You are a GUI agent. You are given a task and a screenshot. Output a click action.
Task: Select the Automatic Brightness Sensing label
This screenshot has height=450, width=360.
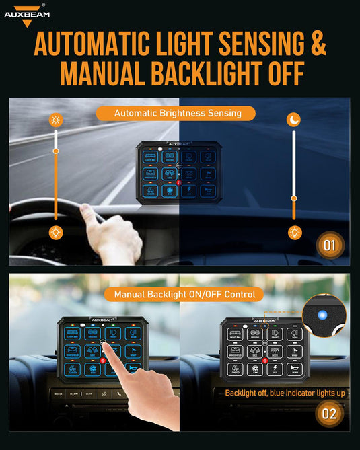[178, 113]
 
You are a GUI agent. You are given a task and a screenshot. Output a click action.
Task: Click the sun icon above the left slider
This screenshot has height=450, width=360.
[55, 121]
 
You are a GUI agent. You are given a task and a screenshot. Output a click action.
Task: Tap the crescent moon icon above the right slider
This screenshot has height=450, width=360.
[293, 120]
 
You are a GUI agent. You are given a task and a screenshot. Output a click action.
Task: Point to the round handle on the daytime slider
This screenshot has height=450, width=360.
[56, 151]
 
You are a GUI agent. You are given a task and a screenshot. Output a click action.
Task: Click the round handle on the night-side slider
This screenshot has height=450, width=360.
[293, 198]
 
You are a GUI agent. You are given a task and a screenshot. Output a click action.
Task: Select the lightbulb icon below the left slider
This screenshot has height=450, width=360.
[55, 233]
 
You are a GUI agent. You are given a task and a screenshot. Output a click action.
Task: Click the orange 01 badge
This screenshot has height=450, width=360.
[328, 245]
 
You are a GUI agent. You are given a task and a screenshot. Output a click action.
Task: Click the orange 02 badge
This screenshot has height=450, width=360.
[328, 413]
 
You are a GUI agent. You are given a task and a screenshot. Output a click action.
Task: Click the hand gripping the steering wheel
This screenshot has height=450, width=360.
[111, 232]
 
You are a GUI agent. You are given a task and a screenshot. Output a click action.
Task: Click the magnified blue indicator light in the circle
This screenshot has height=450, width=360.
[322, 314]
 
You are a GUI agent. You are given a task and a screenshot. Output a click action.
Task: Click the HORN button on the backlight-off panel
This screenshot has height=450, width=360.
[293, 369]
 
